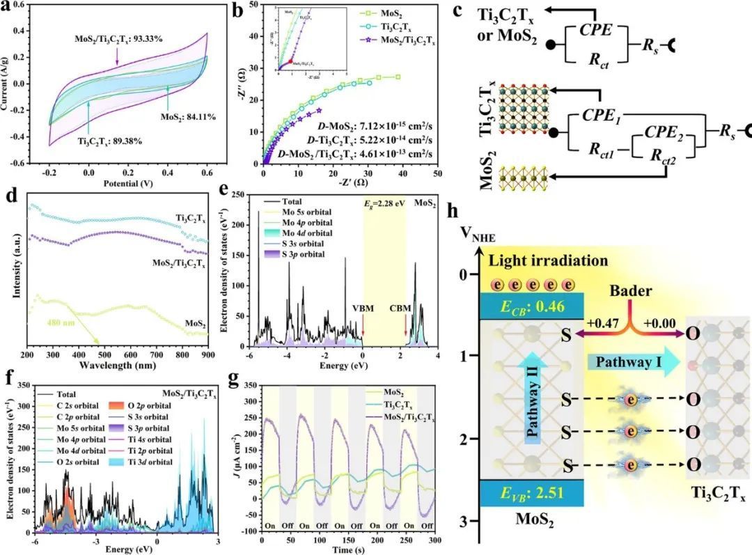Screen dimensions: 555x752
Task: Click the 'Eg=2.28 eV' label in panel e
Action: pos(385,205)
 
